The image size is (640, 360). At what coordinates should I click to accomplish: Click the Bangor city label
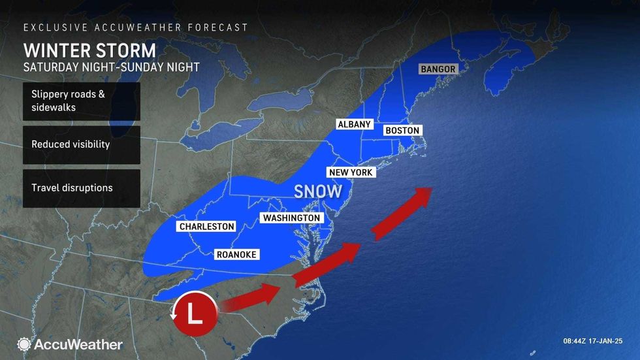[x=438, y=69]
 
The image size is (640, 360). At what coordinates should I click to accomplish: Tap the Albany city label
[x=354, y=124]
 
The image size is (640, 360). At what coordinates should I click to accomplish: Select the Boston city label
[x=402, y=131]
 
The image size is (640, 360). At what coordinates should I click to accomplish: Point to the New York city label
[x=351, y=172]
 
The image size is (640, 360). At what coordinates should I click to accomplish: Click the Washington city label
[x=291, y=218]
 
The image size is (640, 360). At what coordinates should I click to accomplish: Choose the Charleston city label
[x=206, y=227]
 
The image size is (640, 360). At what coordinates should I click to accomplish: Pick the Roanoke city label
[x=236, y=255]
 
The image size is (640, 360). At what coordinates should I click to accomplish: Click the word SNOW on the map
[x=318, y=191]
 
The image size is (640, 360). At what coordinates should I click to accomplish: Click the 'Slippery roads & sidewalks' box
[x=81, y=101]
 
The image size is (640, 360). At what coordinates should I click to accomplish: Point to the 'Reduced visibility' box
[x=81, y=144]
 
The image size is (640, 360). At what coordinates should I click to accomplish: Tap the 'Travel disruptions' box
[x=81, y=188]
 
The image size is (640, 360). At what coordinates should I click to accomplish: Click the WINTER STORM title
[x=89, y=50]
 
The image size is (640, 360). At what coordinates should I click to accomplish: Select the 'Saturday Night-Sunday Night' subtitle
[x=111, y=67]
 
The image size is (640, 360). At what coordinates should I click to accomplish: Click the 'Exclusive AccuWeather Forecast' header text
[x=135, y=27]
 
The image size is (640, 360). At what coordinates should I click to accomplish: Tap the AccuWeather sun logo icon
[x=24, y=344]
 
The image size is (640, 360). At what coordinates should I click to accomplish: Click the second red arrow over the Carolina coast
[x=327, y=260]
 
